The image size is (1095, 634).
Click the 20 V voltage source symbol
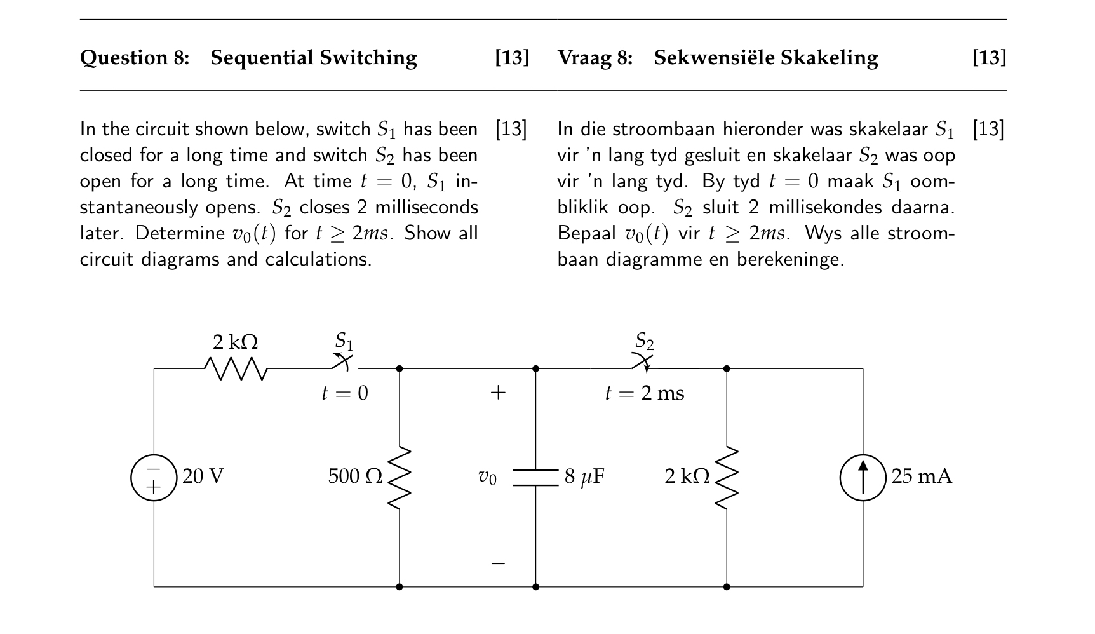click(154, 478)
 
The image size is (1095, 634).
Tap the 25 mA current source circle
click(863, 478)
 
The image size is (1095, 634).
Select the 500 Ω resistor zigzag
click(400, 478)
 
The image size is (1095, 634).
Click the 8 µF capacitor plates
click(535, 478)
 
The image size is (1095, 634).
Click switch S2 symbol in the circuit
click(644, 364)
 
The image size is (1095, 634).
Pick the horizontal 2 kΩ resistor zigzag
click(236, 368)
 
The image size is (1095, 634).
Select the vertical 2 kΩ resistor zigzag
click(727, 478)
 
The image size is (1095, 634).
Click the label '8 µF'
click(584, 476)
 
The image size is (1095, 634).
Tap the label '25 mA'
click(922, 476)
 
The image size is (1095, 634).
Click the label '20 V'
click(203, 476)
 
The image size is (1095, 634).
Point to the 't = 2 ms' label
click(645, 393)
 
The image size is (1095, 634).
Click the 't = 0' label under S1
click(344, 393)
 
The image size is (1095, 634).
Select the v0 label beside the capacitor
click(487, 477)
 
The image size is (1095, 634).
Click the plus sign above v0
click(498, 392)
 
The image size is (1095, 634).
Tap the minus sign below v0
click(498, 563)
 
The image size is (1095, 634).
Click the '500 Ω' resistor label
click(355, 476)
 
